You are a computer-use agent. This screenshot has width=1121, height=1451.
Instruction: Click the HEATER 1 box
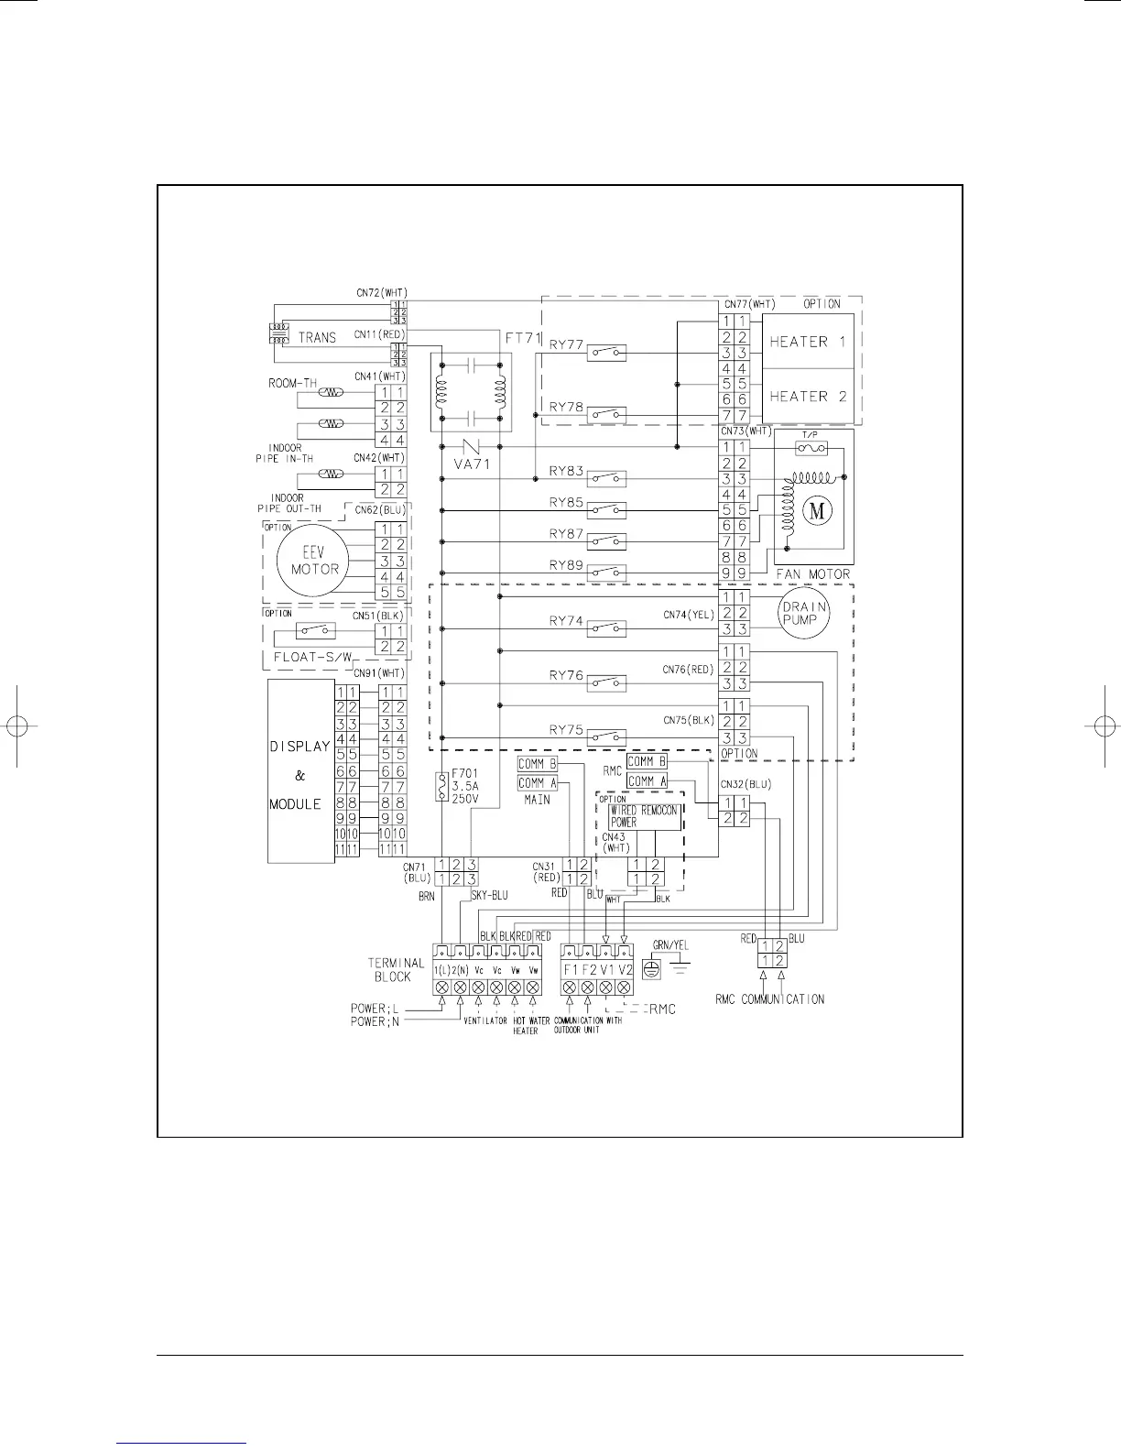808,342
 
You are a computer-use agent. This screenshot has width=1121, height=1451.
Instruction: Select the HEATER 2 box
808,397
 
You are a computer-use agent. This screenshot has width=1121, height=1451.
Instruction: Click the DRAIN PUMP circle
803,613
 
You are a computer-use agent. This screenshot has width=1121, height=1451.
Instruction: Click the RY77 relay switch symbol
607,352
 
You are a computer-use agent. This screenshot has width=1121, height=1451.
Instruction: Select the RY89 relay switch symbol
607,573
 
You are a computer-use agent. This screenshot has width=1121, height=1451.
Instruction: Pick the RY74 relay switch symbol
607,628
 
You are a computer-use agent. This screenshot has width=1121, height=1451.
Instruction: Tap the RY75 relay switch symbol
607,737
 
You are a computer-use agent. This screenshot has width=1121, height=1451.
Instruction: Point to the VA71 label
473,464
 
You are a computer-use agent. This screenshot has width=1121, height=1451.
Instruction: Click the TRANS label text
317,337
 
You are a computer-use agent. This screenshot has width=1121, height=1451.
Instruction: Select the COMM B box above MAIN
537,764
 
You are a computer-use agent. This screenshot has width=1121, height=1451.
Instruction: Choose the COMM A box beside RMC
647,781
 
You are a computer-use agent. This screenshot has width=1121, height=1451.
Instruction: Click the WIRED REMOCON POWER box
645,816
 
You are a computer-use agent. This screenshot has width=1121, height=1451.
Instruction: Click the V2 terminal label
626,969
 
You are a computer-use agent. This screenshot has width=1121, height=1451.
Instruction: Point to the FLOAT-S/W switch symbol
315,631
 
